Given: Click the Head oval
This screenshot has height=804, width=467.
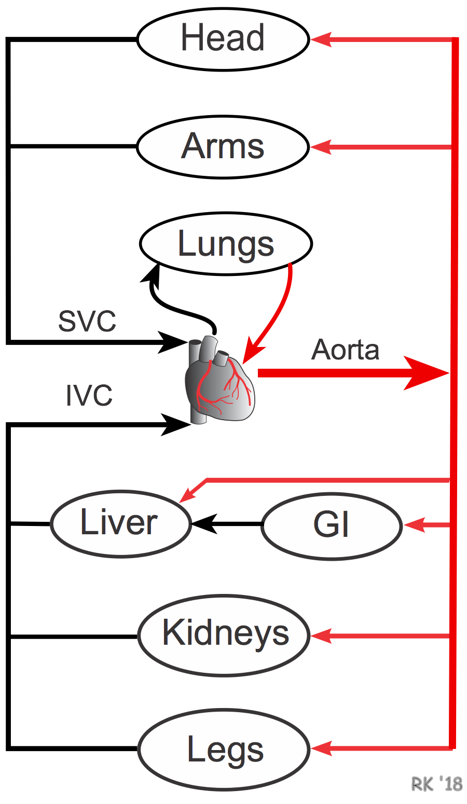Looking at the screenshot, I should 223,39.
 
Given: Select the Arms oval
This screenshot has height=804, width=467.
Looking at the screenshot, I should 223,147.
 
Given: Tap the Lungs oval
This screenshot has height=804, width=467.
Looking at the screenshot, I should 226,244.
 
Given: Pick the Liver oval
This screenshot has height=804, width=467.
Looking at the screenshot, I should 120,523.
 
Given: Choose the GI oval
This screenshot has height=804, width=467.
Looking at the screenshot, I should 332,525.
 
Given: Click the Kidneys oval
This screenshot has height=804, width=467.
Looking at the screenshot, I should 224,635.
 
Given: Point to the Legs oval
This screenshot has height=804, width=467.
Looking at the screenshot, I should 224,750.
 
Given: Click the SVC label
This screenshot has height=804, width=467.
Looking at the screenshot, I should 87,322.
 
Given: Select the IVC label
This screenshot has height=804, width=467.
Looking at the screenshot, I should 89,396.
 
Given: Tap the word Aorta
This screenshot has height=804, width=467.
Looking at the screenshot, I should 346,350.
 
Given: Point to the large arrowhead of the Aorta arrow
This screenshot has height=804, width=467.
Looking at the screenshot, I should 425,373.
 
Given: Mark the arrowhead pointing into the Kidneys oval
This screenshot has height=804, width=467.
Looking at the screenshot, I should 321,636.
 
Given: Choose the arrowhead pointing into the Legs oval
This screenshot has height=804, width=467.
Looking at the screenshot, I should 321,748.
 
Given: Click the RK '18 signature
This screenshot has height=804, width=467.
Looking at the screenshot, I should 436,784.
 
